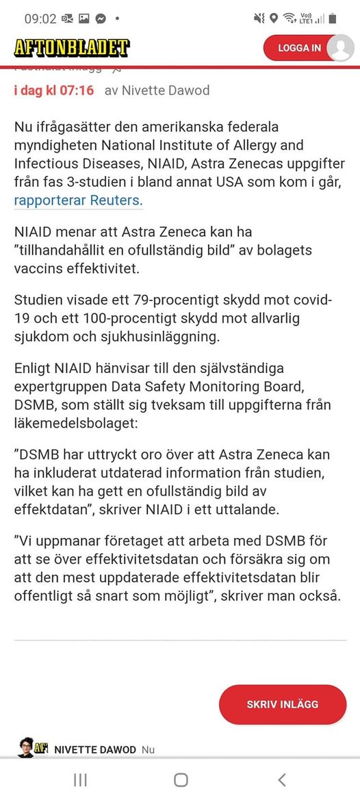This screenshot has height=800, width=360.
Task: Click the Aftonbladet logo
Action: pos(71,48)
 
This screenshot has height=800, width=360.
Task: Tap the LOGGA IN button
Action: pos(299,48)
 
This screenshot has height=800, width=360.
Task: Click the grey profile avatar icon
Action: pos(340,48)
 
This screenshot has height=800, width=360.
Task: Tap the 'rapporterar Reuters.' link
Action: pos(78,200)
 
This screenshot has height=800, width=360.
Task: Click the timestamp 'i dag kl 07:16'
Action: pos(54,90)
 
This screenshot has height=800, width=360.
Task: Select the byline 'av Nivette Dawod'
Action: pos(157,90)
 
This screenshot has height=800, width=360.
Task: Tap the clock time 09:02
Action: pos(40,18)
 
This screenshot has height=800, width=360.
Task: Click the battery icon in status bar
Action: pos(333,18)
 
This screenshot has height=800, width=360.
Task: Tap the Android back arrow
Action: pos(281,780)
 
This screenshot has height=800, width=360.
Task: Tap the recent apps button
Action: pos(80,780)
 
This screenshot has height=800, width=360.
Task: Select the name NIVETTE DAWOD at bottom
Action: pos(95,749)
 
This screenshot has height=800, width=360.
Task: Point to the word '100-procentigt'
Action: pos(133,319)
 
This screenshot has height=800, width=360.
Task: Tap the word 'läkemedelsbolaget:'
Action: pos(75,424)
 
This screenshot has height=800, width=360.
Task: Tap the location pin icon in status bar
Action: pos(274,18)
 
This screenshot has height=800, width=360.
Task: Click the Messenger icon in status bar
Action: pos(100,18)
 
